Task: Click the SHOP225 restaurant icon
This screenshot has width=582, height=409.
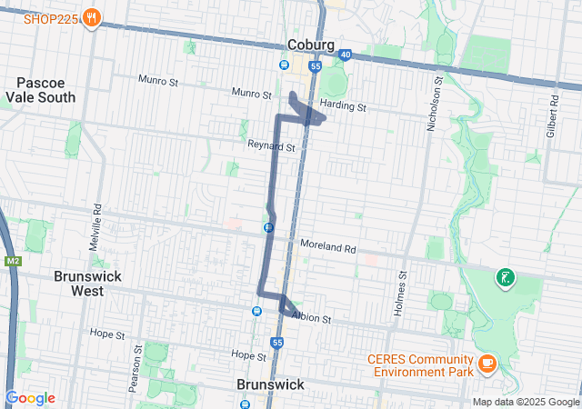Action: pos(91,17)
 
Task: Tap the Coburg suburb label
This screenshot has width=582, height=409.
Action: pos(311,45)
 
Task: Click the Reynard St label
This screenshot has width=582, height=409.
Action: pos(272,145)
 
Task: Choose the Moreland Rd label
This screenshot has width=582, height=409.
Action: pos(327,248)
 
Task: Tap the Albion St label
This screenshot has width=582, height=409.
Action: pos(311,319)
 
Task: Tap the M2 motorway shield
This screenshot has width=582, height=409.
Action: pos(13,262)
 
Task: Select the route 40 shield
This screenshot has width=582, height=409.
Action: pos(344,55)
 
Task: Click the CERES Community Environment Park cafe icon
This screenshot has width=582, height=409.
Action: pos(487,364)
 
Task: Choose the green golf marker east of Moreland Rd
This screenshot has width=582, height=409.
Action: pos(503,277)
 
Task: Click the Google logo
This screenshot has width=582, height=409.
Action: pos(30,398)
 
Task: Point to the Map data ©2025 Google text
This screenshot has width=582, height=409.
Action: pos(525,402)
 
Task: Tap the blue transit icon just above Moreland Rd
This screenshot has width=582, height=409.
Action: pos(269,227)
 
